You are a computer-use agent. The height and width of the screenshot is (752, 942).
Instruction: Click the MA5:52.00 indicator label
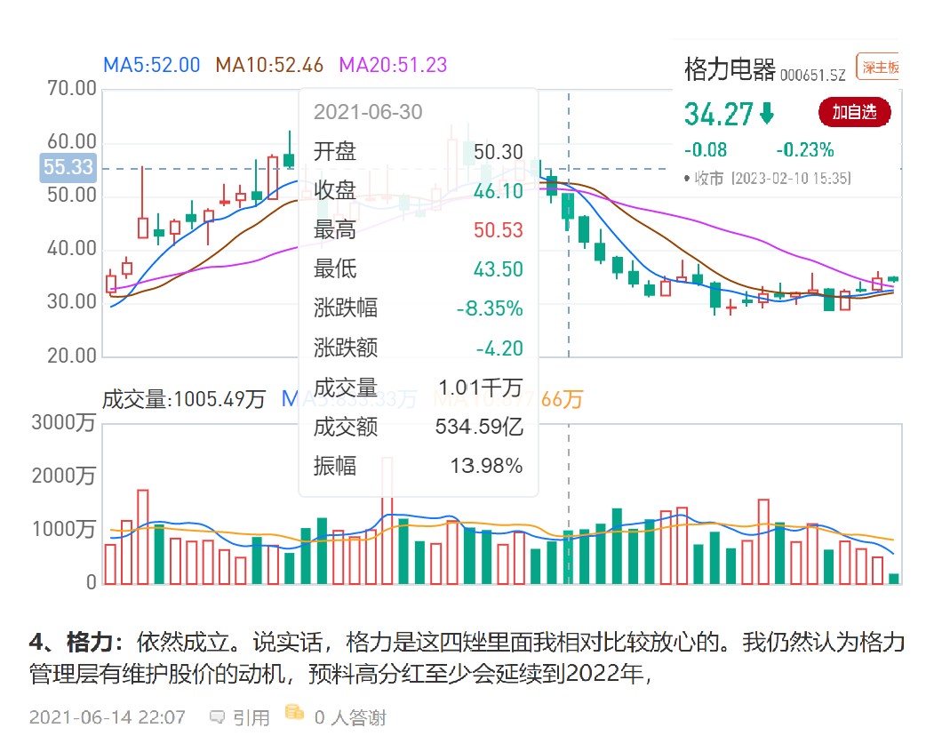point(152,65)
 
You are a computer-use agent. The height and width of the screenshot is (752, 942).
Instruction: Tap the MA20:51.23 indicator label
point(393,65)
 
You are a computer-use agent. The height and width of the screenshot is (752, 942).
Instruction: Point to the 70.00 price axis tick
point(71,89)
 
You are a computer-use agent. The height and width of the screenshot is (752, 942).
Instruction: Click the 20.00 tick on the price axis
point(71,356)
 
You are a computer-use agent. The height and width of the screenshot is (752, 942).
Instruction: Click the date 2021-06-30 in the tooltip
point(368,112)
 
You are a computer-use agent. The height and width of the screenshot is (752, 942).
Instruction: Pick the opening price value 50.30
point(499,152)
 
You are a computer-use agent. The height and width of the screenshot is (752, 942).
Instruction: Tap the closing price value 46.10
point(499,191)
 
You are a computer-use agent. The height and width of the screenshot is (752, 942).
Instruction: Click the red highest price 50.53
point(499,230)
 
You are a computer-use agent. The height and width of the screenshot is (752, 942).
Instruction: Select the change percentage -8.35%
point(490,308)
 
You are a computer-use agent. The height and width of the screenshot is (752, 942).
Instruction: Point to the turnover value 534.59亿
point(479,427)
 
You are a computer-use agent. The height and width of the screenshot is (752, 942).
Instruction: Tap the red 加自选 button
point(854,112)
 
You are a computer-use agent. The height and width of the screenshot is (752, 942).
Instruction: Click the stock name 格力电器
point(730,69)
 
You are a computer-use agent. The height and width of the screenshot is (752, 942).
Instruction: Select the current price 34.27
point(718,114)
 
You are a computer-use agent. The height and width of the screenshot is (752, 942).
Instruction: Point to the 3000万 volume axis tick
point(64,423)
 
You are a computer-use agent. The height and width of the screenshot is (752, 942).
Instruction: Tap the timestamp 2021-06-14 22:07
point(107,717)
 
